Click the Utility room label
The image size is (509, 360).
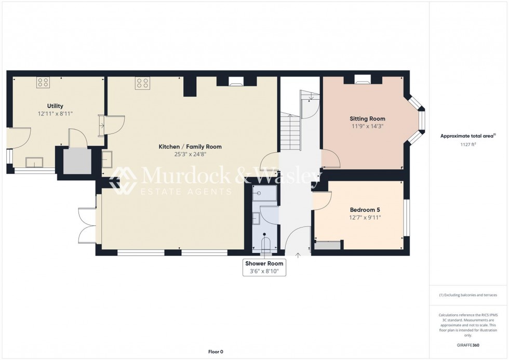tap(55, 106)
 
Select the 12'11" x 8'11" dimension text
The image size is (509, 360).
tap(55, 113)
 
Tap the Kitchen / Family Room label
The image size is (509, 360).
tap(190, 146)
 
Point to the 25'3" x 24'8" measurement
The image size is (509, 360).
tap(190, 154)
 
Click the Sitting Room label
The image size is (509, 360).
tap(367, 118)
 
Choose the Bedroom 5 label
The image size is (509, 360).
tap(366, 210)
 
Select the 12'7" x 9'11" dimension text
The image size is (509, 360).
tap(366, 218)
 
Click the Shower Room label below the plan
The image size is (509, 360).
tap(264, 263)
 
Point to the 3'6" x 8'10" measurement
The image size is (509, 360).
tap(264, 271)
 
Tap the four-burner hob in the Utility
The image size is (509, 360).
tap(43, 82)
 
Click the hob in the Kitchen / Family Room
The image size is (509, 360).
tap(142, 83)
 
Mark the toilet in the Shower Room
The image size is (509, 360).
tap(266, 244)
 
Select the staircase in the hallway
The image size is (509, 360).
tap(290, 133)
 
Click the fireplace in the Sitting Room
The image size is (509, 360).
tap(363, 79)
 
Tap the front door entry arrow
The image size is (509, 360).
tap(298, 255)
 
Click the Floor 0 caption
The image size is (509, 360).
tap(215, 352)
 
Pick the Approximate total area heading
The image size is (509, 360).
tap(467, 136)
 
